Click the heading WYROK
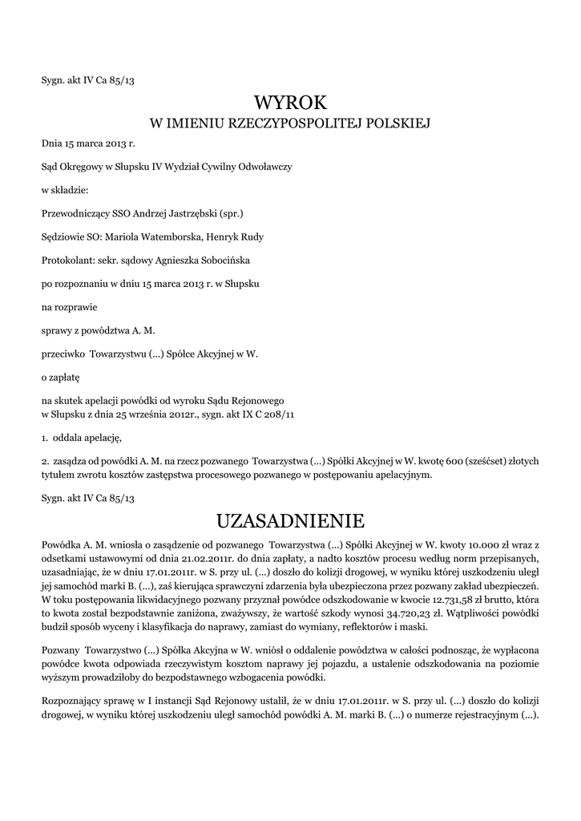290,103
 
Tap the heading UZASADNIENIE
290,521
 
